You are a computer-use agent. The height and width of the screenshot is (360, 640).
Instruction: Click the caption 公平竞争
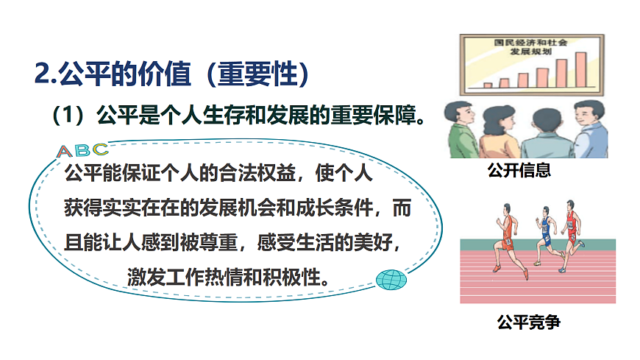528,322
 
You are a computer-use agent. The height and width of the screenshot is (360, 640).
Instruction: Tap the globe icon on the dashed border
389,280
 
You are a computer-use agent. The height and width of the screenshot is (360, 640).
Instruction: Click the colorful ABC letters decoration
82,151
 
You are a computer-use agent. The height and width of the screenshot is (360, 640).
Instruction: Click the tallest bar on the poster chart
580,69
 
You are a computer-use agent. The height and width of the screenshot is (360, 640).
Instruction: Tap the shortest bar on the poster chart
488,85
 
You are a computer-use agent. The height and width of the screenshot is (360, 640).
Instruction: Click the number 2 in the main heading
42,74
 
